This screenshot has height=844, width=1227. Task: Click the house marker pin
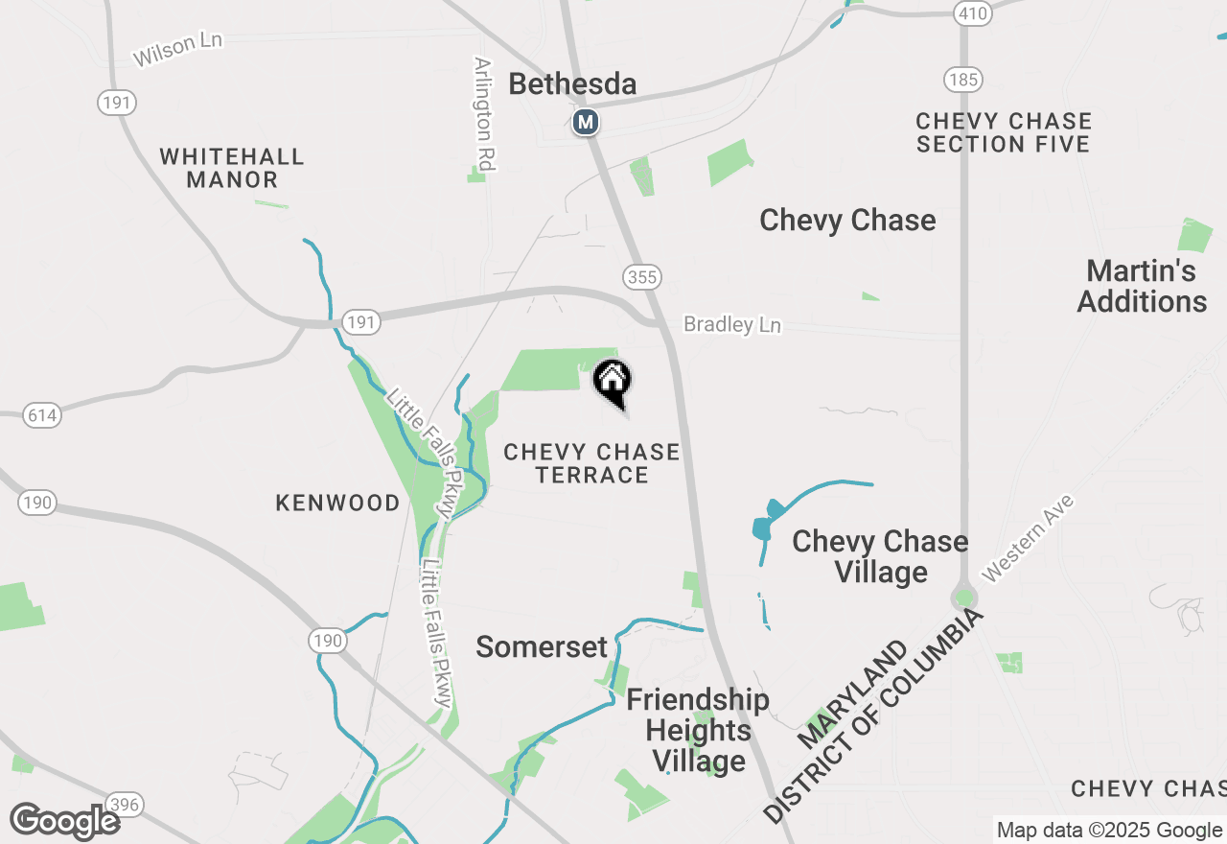pos(613,382)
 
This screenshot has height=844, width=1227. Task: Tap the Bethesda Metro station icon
pos(585,123)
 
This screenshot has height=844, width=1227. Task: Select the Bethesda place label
pos(572,84)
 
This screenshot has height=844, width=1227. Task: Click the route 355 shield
pos(641,277)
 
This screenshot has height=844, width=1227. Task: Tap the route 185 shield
pos(961,79)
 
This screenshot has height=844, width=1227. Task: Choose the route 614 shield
pos(42,415)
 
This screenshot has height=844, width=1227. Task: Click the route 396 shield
pos(125,804)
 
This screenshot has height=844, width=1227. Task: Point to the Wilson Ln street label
pos(177,50)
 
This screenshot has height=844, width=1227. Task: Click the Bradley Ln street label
pos(732,325)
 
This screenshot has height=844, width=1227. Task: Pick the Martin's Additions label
pos(1142,286)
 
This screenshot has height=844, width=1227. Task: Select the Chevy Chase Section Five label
pos(1004,132)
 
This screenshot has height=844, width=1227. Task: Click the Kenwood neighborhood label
pos(337,503)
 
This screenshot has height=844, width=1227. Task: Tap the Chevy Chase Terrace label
pos(591,463)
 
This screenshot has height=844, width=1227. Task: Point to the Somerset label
pos(542,646)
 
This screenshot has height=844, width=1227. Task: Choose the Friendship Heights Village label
pos(698,730)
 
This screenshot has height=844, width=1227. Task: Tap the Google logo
pos(64,821)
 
